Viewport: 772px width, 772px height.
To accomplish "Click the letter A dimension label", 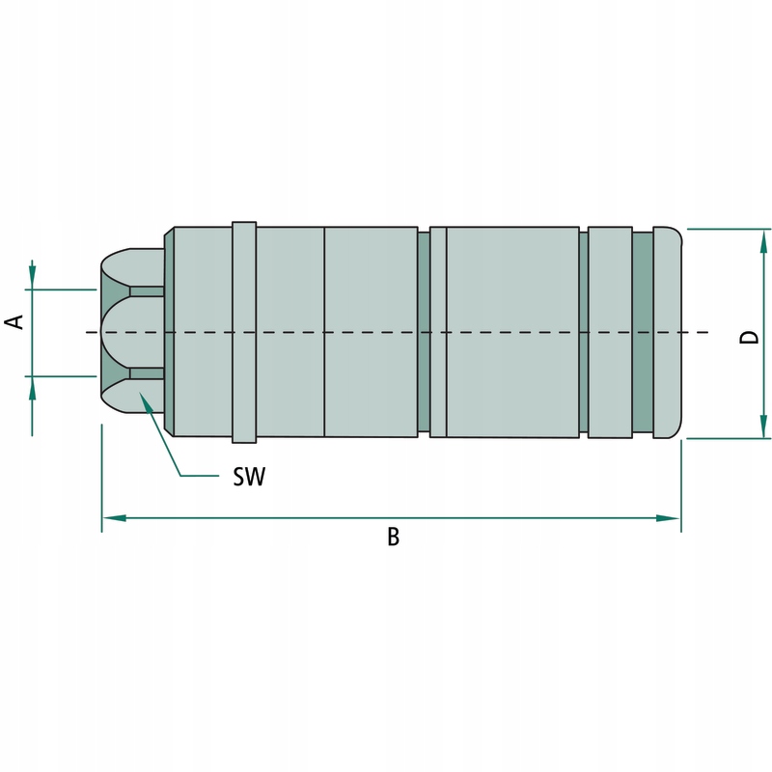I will (15, 322).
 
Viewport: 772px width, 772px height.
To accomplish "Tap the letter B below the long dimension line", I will (393, 538).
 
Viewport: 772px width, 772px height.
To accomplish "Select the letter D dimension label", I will (749, 337).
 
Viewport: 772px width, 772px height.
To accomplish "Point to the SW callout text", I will (249, 477).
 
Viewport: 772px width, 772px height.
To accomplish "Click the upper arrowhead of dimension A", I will (32, 277).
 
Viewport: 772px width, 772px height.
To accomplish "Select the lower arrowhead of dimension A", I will (32, 387).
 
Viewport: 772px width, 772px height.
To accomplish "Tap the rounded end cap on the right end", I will (668, 332).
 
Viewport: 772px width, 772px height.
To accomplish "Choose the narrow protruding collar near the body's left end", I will (244, 332).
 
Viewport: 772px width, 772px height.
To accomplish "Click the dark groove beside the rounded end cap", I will (643, 332).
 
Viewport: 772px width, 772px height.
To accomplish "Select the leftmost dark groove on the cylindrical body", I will (423, 332).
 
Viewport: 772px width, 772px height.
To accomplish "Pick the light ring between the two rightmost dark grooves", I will (609, 332).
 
